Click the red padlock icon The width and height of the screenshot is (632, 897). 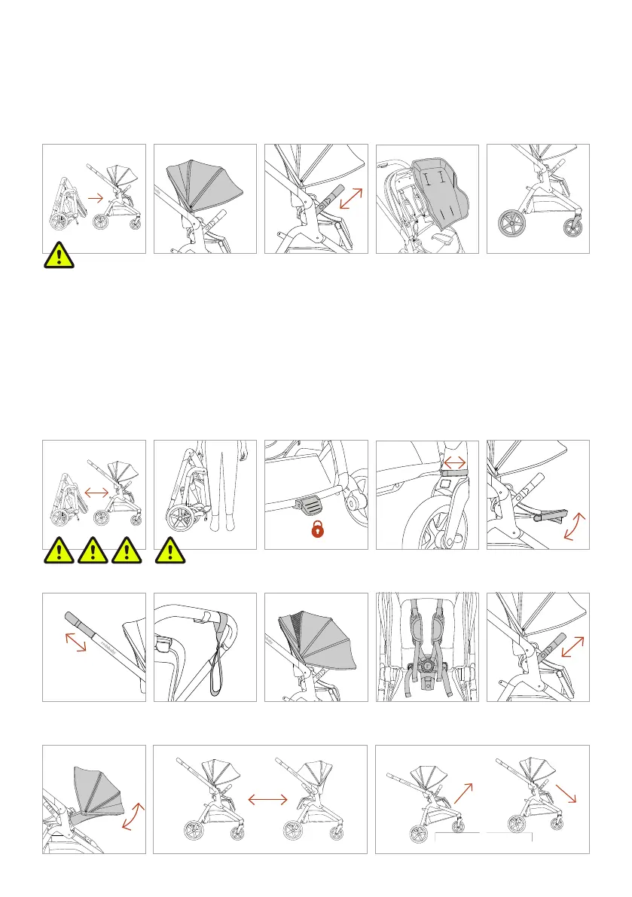(x=319, y=530)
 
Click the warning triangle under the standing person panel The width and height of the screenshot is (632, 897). (x=170, y=553)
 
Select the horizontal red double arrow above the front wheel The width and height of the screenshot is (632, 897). (x=456, y=460)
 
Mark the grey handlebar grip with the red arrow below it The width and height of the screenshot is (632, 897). (x=76, y=621)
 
